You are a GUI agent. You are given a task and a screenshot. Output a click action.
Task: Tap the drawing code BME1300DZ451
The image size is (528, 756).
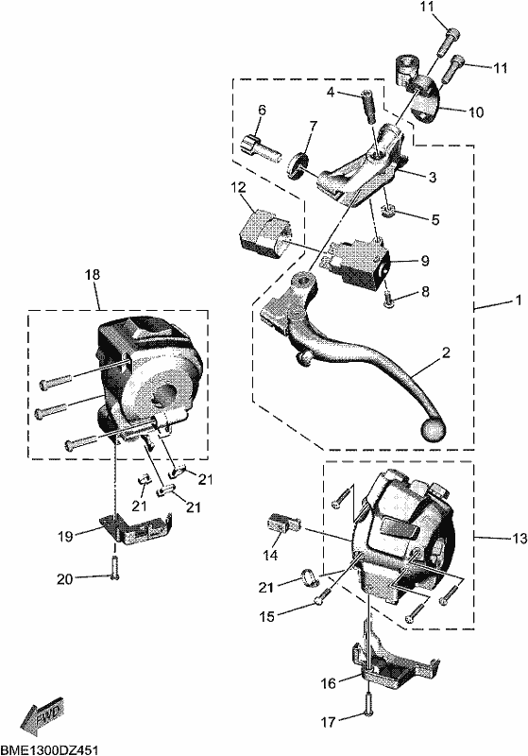coord(50,749)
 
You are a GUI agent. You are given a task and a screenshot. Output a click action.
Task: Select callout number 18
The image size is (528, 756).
coord(93,275)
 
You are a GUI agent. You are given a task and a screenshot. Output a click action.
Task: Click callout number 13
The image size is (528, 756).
coord(519,538)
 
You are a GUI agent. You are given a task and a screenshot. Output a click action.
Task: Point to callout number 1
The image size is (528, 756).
coord(519,301)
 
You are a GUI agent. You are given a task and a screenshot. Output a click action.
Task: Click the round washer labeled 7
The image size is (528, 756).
coord(298,165)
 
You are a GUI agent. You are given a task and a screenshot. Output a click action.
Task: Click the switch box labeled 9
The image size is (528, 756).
coord(357,264)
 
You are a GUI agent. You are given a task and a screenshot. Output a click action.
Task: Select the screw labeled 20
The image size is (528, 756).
coord(114,567)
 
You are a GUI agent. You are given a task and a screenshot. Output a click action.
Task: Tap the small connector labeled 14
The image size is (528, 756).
coord(283,524)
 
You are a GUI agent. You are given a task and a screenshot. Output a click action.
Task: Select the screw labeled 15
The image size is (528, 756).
coord(322,595)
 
